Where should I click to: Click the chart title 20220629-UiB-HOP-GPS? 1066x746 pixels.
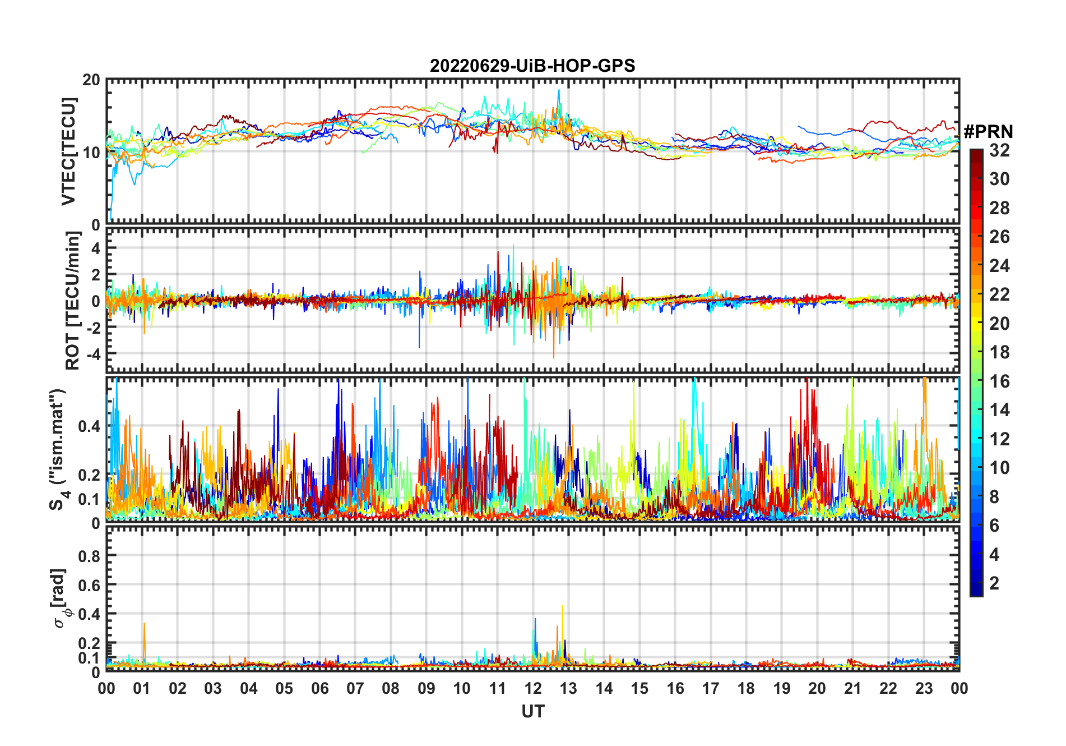(532, 66)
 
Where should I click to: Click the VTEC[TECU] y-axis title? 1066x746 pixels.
(68, 151)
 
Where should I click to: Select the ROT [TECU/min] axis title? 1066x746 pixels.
(73, 300)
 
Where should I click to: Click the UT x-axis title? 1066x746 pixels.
(532, 712)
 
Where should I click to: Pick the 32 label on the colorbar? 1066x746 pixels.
(999, 150)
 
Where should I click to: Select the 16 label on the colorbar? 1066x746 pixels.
(999, 381)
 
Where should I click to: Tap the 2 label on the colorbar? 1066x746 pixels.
(994, 583)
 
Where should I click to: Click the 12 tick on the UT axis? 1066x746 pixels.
(533, 689)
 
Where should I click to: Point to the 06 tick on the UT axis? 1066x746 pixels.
(320, 689)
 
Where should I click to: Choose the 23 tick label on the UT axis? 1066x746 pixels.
(924, 689)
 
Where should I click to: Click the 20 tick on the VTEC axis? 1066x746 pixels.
(91, 80)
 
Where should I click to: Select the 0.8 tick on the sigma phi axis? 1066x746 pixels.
(89, 556)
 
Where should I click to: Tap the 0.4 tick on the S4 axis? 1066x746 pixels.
(89, 426)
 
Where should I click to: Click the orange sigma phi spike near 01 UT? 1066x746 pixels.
(144, 624)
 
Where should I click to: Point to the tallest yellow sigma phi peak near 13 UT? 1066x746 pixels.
(562, 607)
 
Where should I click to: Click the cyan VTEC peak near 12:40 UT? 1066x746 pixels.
(558, 91)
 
